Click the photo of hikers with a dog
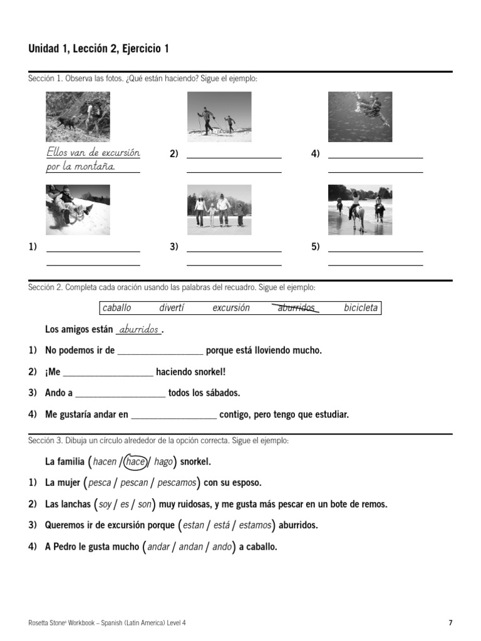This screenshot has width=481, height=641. point(78,117)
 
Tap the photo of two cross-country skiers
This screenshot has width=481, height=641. point(219,117)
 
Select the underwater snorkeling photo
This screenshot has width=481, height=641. point(360,117)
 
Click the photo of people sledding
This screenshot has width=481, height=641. point(78,210)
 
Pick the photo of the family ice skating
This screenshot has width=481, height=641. point(219,210)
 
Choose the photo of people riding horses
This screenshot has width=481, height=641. point(360,210)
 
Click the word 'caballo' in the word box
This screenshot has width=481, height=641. point(116,308)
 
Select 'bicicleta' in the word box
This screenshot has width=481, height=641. point(361,308)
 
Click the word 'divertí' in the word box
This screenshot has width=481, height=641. point(172,308)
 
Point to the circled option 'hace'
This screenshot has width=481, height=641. point(135,462)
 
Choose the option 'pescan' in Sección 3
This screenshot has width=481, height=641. point(134,483)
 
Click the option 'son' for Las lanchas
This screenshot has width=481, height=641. point(144,505)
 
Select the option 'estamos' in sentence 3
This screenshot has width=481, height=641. point(255,526)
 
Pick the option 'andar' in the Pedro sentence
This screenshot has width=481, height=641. point(158,547)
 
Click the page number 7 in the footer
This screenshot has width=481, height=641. point(450,623)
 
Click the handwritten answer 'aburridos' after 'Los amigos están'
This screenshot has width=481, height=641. point(138,330)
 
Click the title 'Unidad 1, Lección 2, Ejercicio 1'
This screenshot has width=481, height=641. point(98,49)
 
